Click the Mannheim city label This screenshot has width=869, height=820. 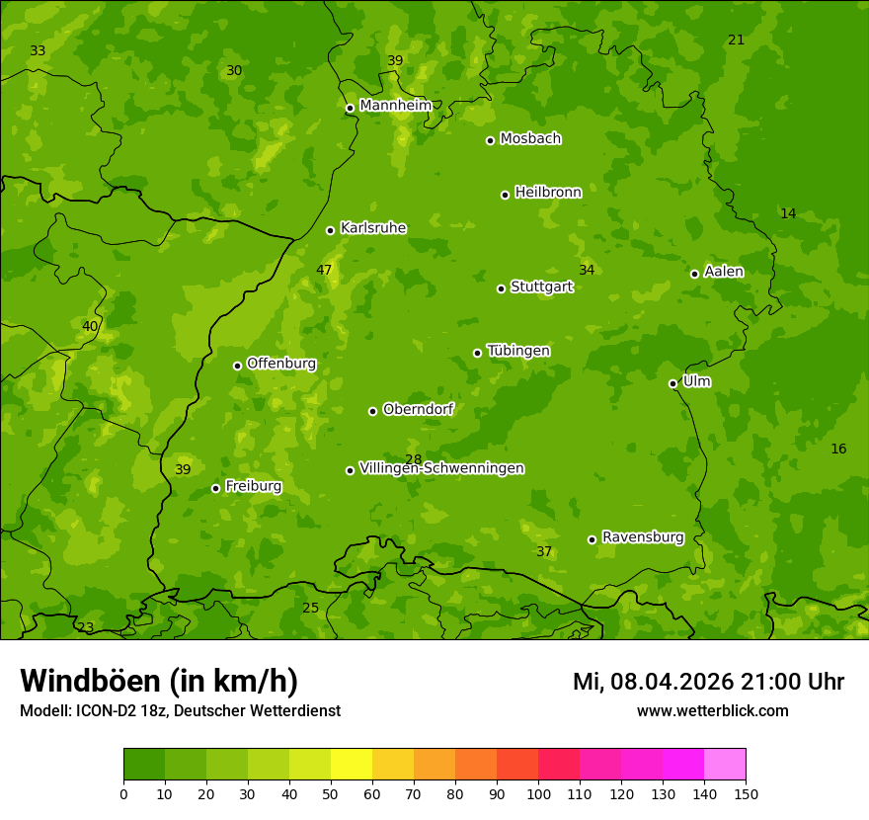pyautogui.click(x=396, y=106)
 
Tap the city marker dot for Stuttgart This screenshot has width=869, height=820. pyautogui.click(x=501, y=288)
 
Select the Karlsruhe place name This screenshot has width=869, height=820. pyautogui.click(x=373, y=228)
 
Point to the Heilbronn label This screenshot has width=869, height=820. pyautogui.click(x=548, y=193)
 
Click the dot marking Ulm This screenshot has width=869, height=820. pyautogui.click(x=672, y=383)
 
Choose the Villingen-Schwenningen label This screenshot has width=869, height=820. pyautogui.click(x=441, y=468)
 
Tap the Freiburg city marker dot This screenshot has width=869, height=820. pyautogui.click(x=215, y=488)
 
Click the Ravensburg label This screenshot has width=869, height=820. pyautogui.click(x=643, y=537)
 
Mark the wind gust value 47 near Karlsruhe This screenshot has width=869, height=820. pyautogui.click(x=324, y=270)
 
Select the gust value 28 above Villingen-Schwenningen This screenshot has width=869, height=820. pyautogui.click(x=413, y=459)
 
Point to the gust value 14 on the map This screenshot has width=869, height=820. pyautogui.click(x=788, y=213)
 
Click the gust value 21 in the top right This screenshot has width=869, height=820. pyautogui.click(x=736, y=40)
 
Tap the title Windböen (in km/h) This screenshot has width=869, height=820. pyautogui.click(x=159, y=681)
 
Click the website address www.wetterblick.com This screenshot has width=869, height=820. pyautogui.click(x=712, y=710)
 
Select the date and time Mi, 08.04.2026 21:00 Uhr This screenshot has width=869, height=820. pyautogui.click(x=708, y=682)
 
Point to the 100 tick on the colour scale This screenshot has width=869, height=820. pyautogui.click(x=538, y=793)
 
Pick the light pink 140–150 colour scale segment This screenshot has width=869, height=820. pyautogui.click(x=725, y=765)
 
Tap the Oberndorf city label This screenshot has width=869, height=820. pyautogui.click(x=418, y=409)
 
